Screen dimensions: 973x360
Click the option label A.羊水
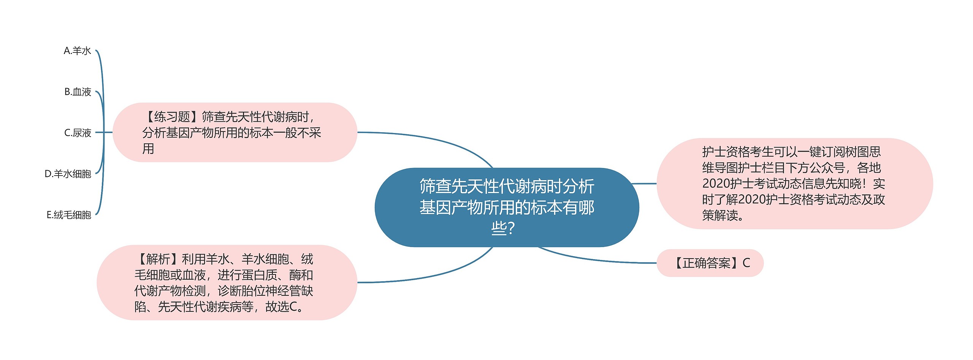click(77, 51)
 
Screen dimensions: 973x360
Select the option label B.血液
click(78, 92)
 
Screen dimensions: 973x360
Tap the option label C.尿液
click(78, 133)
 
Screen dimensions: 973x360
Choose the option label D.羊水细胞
click(68, 174)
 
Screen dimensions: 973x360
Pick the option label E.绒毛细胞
click(69, 215)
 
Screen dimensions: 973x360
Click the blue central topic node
click(506, 207)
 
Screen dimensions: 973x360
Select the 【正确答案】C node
click(710, 263)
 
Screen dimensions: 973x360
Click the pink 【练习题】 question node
click(235, 132)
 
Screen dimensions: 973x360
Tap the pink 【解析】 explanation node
click(227, 282)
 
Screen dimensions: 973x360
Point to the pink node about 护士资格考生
click(794, 184)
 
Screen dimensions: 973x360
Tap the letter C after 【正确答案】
click(746, 263)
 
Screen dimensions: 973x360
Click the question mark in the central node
click(511, 228)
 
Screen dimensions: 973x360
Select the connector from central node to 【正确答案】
click(597, 260)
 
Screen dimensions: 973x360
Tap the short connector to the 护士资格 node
click(644, 184)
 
